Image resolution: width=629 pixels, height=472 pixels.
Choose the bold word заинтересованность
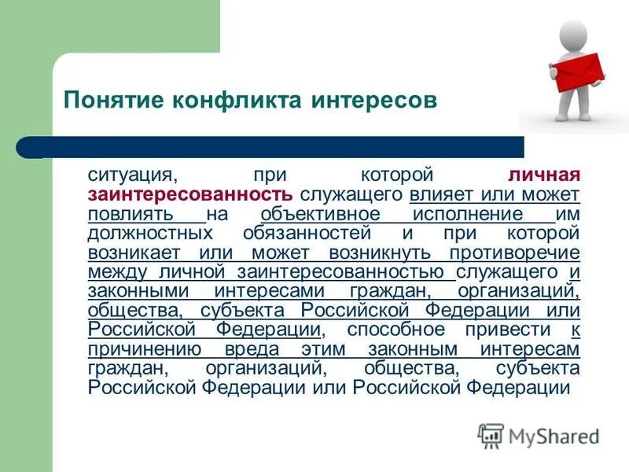tap(192, 194)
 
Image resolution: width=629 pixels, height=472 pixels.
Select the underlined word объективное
tap(320, 214)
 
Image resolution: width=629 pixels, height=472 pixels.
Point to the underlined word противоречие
tap(516, 253)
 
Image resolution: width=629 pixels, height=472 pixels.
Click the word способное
tap(397, 330)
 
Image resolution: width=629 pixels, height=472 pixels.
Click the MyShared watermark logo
tap(539, 436)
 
